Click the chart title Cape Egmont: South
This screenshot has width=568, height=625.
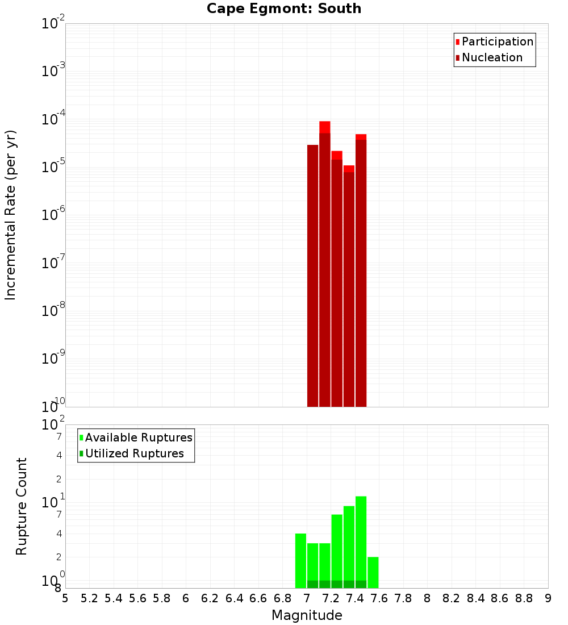tap(284, 9)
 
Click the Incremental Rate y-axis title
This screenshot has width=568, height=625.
tap(10, 215)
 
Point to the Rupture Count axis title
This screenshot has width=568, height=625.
tap(22, 506)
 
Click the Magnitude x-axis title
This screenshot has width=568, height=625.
tap(307, 615)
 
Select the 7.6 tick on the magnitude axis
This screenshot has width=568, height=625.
tap(379, 598)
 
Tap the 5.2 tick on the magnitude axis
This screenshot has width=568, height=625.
tap(90, 598)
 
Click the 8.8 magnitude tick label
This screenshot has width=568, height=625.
tap(524, 598)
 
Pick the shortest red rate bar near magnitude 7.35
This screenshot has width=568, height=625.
tap(349, 284)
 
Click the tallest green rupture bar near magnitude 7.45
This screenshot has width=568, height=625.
tap(361, 540)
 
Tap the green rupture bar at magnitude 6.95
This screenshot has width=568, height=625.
tap(300, 560)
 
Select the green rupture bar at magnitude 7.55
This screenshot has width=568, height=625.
tap(373, 572)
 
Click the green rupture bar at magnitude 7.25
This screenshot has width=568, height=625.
tap(337, 548)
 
